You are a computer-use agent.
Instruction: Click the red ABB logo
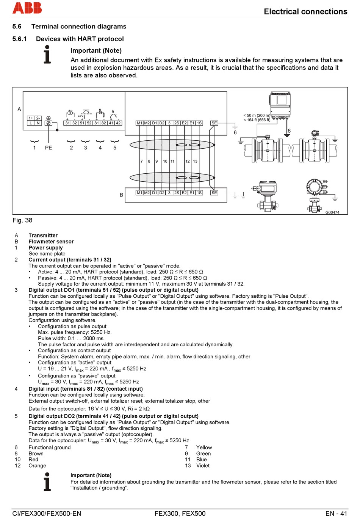[x=27, y=8]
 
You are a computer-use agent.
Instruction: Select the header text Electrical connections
[x=305, y=12]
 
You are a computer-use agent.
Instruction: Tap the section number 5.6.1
[x=19, y=39]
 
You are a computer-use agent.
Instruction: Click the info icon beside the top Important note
[x=47, y=55]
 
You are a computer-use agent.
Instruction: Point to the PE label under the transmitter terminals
[x=49, y=148]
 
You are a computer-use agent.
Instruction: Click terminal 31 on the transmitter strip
[x=67, y=123]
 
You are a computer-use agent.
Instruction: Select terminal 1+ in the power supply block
[x=31, y=118]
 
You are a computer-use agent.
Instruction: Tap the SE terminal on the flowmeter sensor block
[x=214, y=193]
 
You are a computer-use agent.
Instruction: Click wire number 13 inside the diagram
[x=195, y=161]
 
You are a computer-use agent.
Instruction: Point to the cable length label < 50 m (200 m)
[x=257, y=115]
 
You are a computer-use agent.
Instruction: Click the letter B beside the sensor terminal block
[x=121, y=195]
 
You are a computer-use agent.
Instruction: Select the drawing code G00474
[x=332, y=212]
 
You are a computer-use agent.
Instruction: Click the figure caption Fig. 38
[x=22, y=220]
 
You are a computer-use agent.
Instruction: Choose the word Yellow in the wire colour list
[x=204, y=448]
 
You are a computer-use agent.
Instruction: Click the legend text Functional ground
[x=50, y=448]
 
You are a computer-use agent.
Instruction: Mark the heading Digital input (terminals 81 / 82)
[x=86, y=389]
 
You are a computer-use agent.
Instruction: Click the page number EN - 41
[x=336, y=514]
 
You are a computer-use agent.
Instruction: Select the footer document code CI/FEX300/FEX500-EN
[x=47, y=514]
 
